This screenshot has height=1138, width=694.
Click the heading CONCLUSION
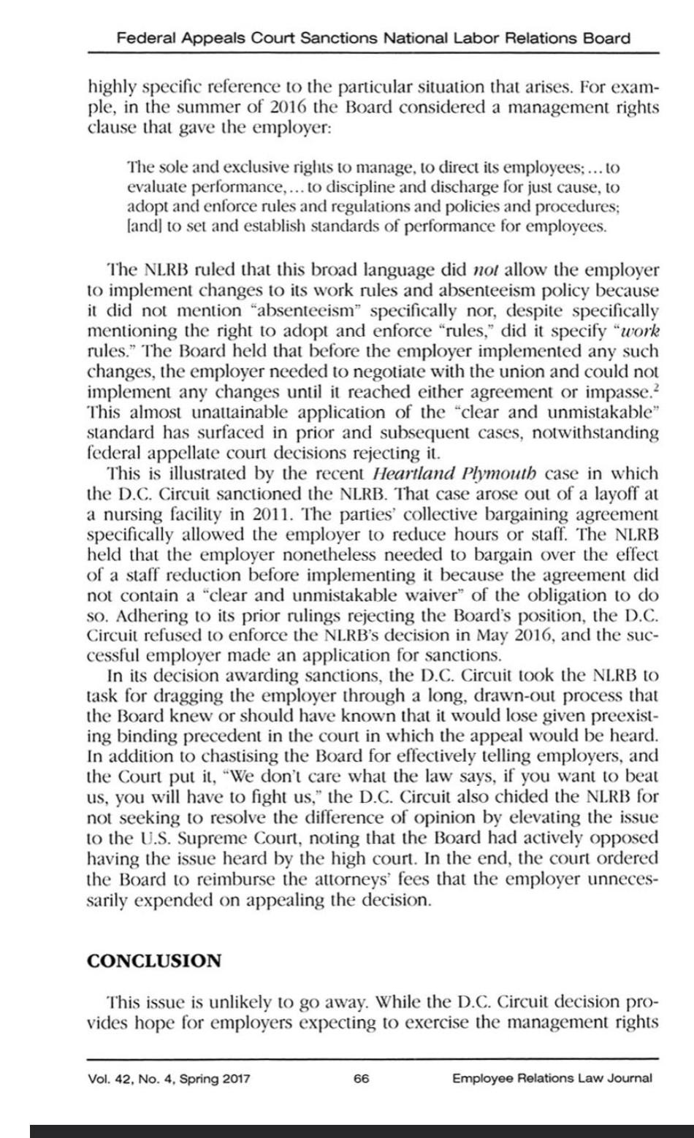(x=154, y=961)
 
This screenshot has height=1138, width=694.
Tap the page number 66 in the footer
(x=361, y=1078)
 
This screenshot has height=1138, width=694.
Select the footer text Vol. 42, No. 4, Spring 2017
(x=168, y=1078)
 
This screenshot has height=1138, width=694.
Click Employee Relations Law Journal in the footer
(x=552, y=1078)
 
